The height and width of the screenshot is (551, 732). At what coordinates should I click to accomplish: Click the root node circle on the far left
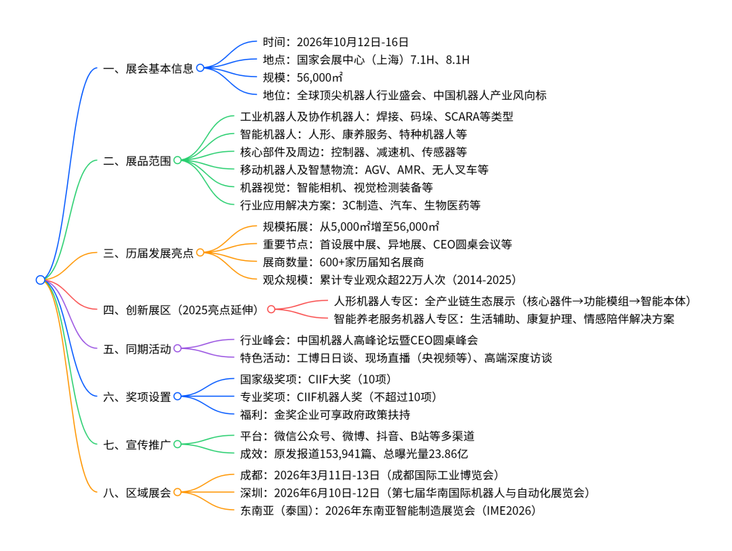pyautogui.click(x=41, y=279)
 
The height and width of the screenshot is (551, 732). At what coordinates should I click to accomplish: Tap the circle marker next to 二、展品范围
pyautogui.click(x=178, y=161)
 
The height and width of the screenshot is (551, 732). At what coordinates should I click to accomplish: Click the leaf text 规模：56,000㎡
pyautogui.click(x=302, y=77)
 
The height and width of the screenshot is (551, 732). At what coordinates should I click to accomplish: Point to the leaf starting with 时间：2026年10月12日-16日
pyautogui.click(x=335, y=42)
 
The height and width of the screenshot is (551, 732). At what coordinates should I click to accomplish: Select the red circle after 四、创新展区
pyautogui.click(x=271, y=310)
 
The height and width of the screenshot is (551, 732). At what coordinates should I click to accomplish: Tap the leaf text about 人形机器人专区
pyautogui.click(x=513, y=301)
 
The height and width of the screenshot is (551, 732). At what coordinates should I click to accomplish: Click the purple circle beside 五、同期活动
pyautogui.click(x=178, y=349)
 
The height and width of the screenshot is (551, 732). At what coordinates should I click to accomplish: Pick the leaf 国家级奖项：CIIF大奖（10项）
pyautogui.click(x=316, y=380)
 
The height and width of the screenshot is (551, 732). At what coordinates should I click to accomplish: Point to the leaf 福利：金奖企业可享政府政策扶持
pyautogui.click(x=325, y=415)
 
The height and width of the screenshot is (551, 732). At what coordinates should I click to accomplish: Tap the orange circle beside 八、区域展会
pyautogui.click(x=178, y=493)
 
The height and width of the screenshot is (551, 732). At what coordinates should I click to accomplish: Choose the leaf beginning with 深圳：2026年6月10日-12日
pyautogui.click(x=414, y=493)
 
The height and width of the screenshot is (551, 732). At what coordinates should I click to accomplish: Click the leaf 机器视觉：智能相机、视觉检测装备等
pyautogui.click(x=336, y=187)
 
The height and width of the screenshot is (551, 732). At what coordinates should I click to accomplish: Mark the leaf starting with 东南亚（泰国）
pyautogui.click(x=388, y=510)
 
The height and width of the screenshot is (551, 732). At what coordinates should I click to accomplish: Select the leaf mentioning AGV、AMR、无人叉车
pyautogui.click(x=364, y=169)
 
